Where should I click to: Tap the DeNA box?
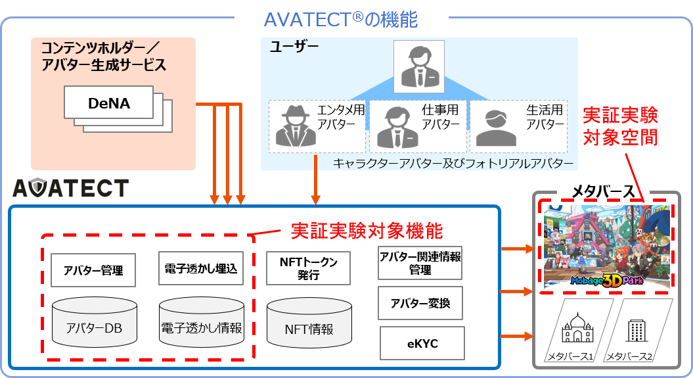click(109, 103)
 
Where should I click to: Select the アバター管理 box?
click(93, 270)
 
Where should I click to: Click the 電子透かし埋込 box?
click(201, 268)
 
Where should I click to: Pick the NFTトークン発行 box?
click(308, 268)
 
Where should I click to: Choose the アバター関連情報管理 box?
click(420, 263)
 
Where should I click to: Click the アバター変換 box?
click(420, 303)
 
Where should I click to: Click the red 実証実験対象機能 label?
click(367, 231)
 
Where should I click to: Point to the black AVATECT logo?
click(70, 189)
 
